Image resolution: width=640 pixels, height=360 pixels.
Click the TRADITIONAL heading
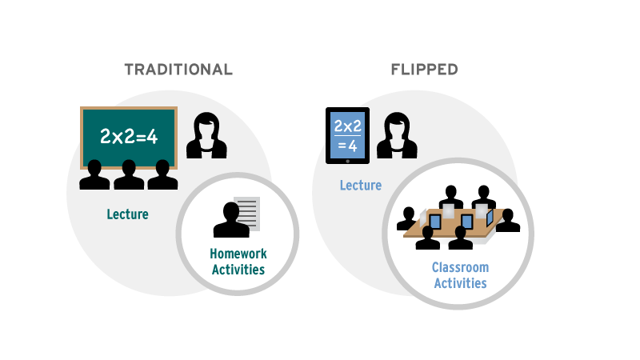178,70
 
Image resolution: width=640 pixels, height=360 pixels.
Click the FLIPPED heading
424,70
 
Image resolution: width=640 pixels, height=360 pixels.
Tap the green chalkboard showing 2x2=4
128,137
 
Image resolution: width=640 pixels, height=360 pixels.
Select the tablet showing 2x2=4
347,135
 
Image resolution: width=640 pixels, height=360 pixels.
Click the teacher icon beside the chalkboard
206,136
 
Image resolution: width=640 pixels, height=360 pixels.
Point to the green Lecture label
128,214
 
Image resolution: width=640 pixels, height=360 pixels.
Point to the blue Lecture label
360,186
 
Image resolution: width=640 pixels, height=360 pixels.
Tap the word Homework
238,254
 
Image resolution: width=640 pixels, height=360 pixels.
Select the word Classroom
460,267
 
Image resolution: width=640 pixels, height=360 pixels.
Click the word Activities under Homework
238,270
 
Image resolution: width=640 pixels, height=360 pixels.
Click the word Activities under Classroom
460,282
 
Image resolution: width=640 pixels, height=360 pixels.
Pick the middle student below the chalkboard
129,175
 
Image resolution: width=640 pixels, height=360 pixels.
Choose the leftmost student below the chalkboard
94,175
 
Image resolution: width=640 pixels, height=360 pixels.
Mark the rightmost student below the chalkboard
162,175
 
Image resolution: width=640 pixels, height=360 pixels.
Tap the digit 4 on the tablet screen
353,146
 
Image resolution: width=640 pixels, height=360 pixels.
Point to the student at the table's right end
507,220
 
